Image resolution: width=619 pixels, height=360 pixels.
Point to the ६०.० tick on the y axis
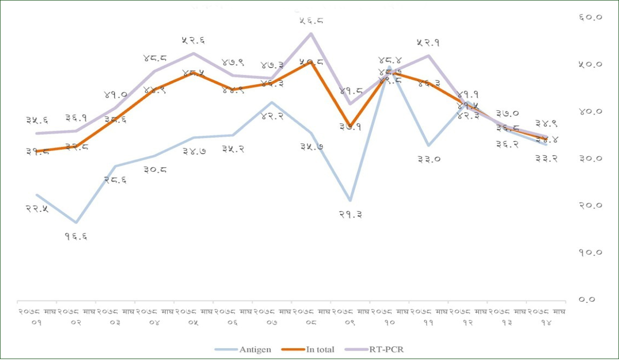pyautogui.click(x=591, y=17)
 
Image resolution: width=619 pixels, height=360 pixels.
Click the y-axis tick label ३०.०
pyautogui.click(x=591, y=159)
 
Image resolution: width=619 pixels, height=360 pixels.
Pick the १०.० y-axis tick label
pyautogui.click(x=591, y=252)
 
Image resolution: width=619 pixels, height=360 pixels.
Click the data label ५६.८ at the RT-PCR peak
pyautogui.click(x=312, y=20)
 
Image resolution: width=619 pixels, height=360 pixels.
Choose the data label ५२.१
pyautogui.click(x=427, y=42)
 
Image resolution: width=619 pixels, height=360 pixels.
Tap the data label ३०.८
pyautogui.click(x=155, y=169)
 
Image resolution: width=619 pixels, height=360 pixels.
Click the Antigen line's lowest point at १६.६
pyautogui.click(x=76, y=222)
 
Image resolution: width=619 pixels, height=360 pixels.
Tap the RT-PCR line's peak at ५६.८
pyautogui.click(x=311, y=33)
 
